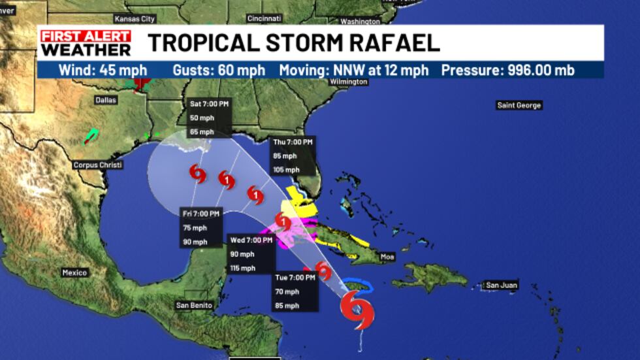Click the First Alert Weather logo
[x=85, y=43]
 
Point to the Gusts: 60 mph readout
[x=219, y=70]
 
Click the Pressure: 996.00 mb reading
[x=507, y=70]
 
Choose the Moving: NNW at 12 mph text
[x=354, y=70]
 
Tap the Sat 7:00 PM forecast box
[x=209, y=118]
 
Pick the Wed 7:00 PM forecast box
[x=251, y=254]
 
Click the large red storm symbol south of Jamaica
[x=357, y=308]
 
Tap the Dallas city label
[x=105, y=100]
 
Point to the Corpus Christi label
[x=98, y=165]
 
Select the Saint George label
[x=519, y=105]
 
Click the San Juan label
[x=502, y=286]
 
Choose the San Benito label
[x=193, y=305]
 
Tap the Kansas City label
[x=135, y=19]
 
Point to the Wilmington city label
[x=349, y=82]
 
